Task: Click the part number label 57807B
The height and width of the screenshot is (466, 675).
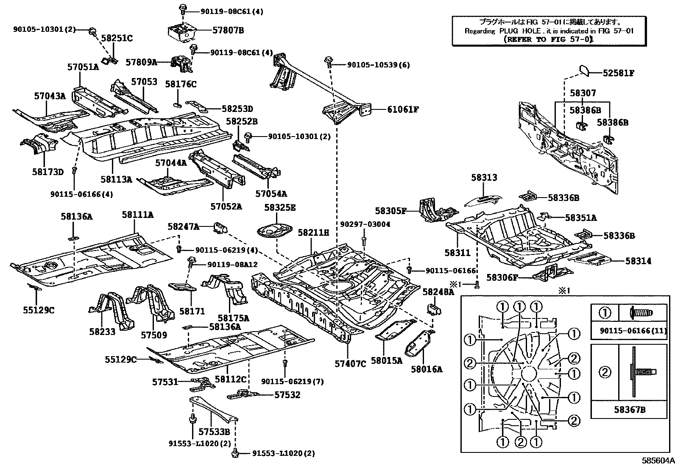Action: point(228,31)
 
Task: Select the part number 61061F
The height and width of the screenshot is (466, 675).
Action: point(403,109)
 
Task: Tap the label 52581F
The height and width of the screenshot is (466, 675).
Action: point(619,73)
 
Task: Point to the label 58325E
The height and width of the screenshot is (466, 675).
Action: point(280,208)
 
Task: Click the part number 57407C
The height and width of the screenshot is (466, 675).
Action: point(350,363)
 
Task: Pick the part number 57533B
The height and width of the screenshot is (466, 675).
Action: point(214,432)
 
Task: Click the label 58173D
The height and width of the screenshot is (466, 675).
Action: point(47,172)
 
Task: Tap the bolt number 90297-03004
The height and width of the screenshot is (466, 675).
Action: point(365,224)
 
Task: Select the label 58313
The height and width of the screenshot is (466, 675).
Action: point(484,178)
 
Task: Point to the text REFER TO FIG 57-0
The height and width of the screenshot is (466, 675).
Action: point(548,39)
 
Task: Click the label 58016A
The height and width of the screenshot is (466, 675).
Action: point(426,369)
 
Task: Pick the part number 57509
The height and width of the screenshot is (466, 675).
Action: point(154,335)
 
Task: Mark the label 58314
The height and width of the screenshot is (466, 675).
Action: point(638,261)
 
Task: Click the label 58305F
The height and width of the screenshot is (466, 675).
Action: point(390,210)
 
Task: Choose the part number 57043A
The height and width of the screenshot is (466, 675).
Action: point(50,96)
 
